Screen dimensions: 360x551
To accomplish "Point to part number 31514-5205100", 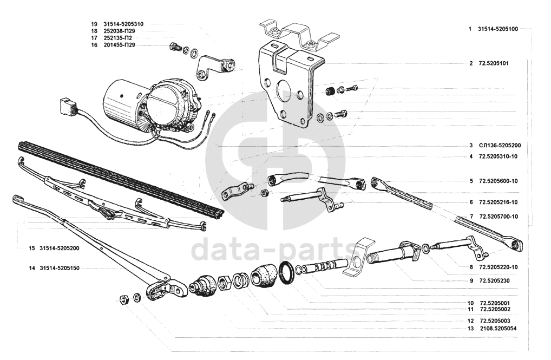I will (498, 29).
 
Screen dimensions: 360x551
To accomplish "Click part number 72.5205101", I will (494, 63).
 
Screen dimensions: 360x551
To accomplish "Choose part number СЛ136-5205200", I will (499, 146).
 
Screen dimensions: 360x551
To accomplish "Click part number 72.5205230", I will (494, 280).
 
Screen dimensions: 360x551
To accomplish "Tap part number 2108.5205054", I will (497, 328).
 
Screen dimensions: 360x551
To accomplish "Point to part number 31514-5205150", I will (60, 268).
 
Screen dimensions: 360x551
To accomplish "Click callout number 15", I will (32, 248).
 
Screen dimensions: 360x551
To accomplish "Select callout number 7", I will (471, 217).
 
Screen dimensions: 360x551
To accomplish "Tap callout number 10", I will (471, 303).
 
